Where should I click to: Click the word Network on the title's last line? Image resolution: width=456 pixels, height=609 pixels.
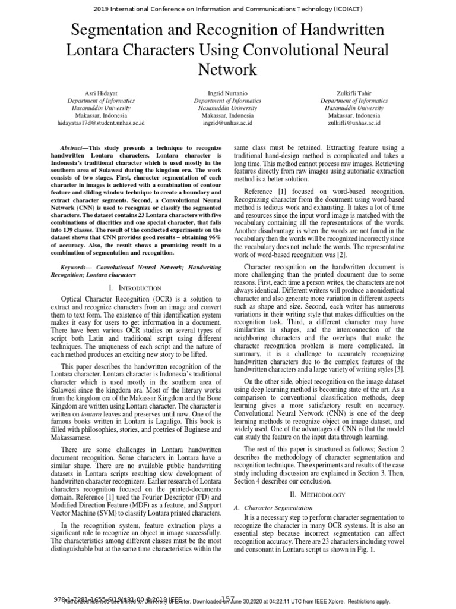point(228,70)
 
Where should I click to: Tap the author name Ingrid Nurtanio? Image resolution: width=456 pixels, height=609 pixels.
point(227,93)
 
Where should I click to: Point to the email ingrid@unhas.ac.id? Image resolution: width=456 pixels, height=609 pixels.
point(227,123)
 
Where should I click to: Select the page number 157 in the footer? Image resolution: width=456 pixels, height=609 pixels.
point(229,598)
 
